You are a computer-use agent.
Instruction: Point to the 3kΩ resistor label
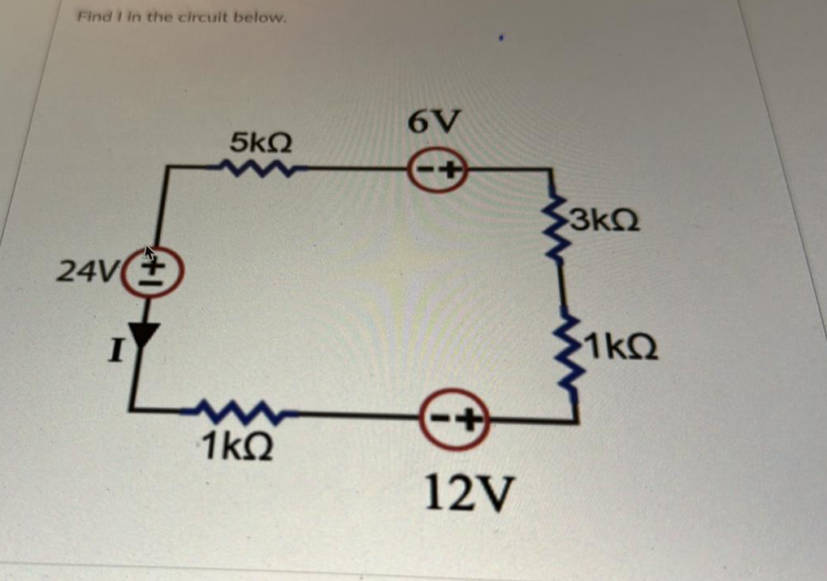click(x=604, y=220)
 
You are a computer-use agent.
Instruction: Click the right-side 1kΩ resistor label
click(x=621, y=351)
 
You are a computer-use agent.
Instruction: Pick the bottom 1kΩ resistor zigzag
click(x=238, y=414)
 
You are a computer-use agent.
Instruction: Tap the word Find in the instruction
click(x=92, y=16)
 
